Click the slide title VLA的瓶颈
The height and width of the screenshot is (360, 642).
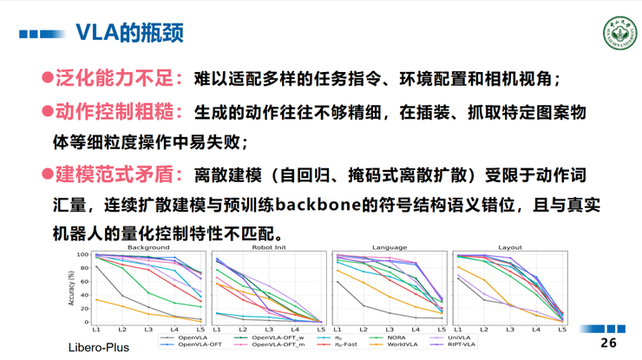[x=128, y=34]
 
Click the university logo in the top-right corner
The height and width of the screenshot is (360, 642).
[x=619, y=32]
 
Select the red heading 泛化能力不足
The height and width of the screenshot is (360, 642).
[x=119, y=78]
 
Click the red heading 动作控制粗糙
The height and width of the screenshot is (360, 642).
[x=119, y=112]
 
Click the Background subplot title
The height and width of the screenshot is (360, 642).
[x=148, y=248]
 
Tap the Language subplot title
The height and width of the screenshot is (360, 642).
[x=389, y=248]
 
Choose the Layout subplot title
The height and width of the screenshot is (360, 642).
[x=509, y=248]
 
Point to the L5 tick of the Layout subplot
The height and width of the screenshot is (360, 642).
[x=561, y=330]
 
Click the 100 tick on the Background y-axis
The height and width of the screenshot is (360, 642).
[x=84, y=255]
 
